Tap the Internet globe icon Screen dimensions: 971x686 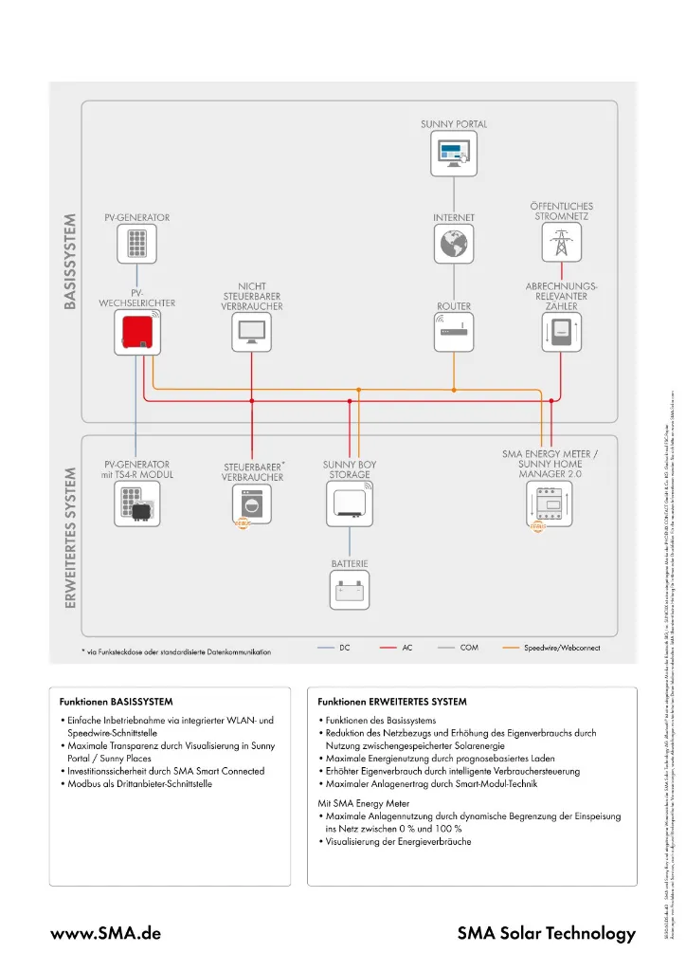455,246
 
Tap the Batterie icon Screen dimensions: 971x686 350,592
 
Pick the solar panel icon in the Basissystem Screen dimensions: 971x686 137,246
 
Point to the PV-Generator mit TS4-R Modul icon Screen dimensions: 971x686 137,504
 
